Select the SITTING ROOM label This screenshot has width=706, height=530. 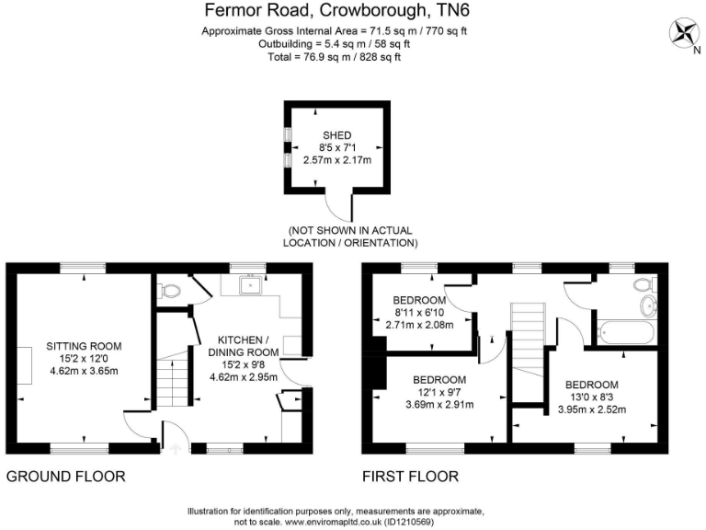point(85,346)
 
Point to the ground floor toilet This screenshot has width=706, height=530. point(169,292)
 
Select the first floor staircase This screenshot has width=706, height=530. point(528,340)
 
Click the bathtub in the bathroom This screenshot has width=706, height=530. point(625,330)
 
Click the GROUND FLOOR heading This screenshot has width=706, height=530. point(65,477)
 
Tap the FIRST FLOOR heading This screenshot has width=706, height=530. point(410,477)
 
